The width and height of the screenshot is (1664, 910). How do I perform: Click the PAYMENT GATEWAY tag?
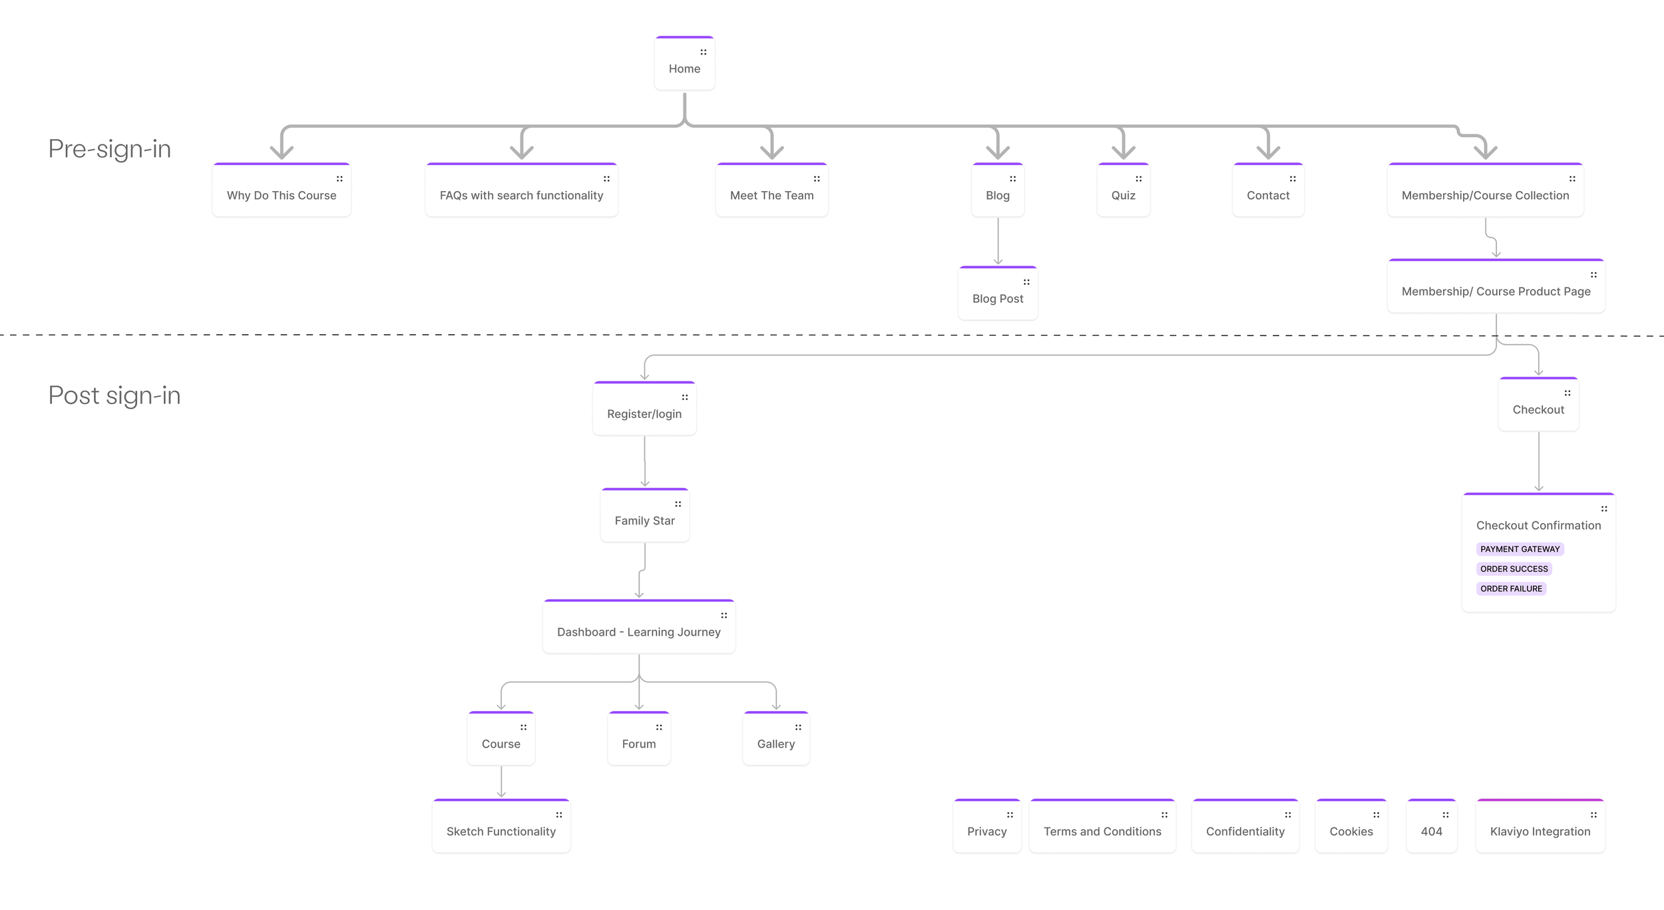1520,549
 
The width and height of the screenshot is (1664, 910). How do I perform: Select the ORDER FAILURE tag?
1511,588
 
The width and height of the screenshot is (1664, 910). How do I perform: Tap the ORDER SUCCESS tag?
1514,569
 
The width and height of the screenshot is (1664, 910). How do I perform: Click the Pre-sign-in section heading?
110,148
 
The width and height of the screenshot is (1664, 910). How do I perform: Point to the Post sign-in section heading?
114,395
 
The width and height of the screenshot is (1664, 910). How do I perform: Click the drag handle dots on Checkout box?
1567,393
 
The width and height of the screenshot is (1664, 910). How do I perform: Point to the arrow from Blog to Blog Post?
998,241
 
